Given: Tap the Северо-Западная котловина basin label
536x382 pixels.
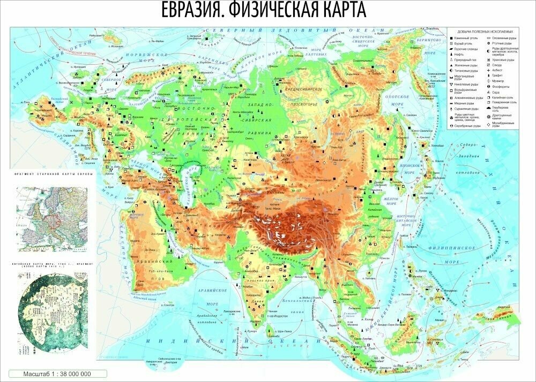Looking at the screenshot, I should click(x=467, y=158).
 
